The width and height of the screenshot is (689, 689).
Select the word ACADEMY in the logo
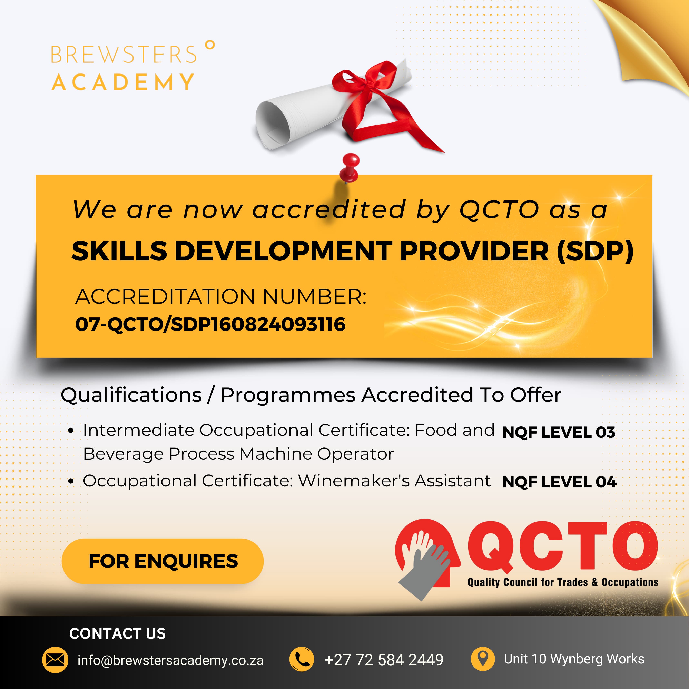[123, 82]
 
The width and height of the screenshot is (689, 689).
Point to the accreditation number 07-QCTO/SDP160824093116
[210, 324]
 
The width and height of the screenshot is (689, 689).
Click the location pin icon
[483, 659]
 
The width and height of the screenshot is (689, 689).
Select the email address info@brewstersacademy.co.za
[170, 660]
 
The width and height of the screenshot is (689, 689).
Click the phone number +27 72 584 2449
[384, 660]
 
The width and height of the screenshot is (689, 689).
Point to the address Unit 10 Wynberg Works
[574, 659]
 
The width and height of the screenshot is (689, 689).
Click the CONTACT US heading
[117, 634]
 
